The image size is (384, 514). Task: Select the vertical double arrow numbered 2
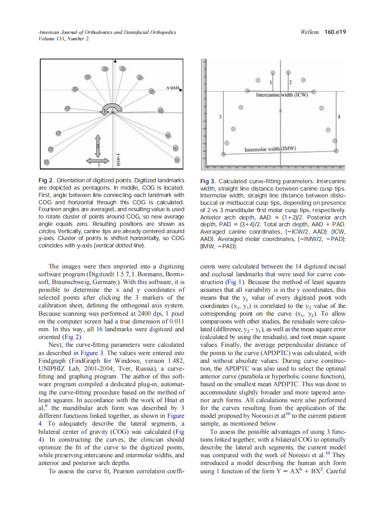[x=98, y=145]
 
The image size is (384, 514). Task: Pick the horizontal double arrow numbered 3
[x=98, y=161]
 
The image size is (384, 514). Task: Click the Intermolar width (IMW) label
[x=270, y=149]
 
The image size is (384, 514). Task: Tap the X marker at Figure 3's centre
[x=281, y=111]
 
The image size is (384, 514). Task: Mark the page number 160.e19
[x=335, y=32]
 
